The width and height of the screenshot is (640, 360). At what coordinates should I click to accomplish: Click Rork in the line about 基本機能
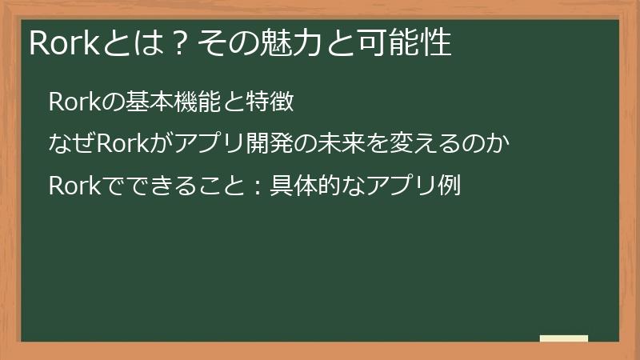click(x=74, y=103)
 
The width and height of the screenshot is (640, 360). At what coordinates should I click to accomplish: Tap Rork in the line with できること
click(x=74, y=186)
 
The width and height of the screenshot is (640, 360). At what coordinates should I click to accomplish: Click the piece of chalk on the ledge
click(x=564, y=338)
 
